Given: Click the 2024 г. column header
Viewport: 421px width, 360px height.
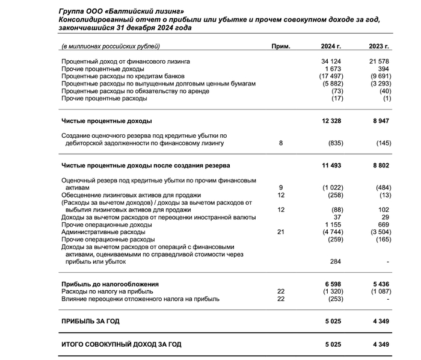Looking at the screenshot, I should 331,46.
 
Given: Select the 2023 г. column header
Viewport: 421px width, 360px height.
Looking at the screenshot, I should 380,46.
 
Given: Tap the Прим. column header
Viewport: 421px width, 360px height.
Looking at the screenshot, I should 281,46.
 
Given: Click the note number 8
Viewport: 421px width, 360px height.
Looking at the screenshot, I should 281,143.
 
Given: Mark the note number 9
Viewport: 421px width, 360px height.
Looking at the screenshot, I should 281,187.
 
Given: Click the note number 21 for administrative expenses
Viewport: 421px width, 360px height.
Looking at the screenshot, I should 281,231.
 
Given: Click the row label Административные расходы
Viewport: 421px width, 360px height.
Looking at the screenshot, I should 103,231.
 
